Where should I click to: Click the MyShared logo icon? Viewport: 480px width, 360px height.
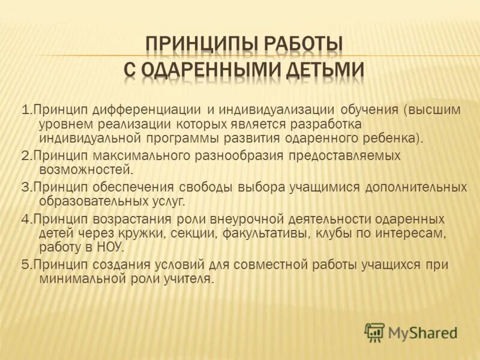(374, 332)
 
